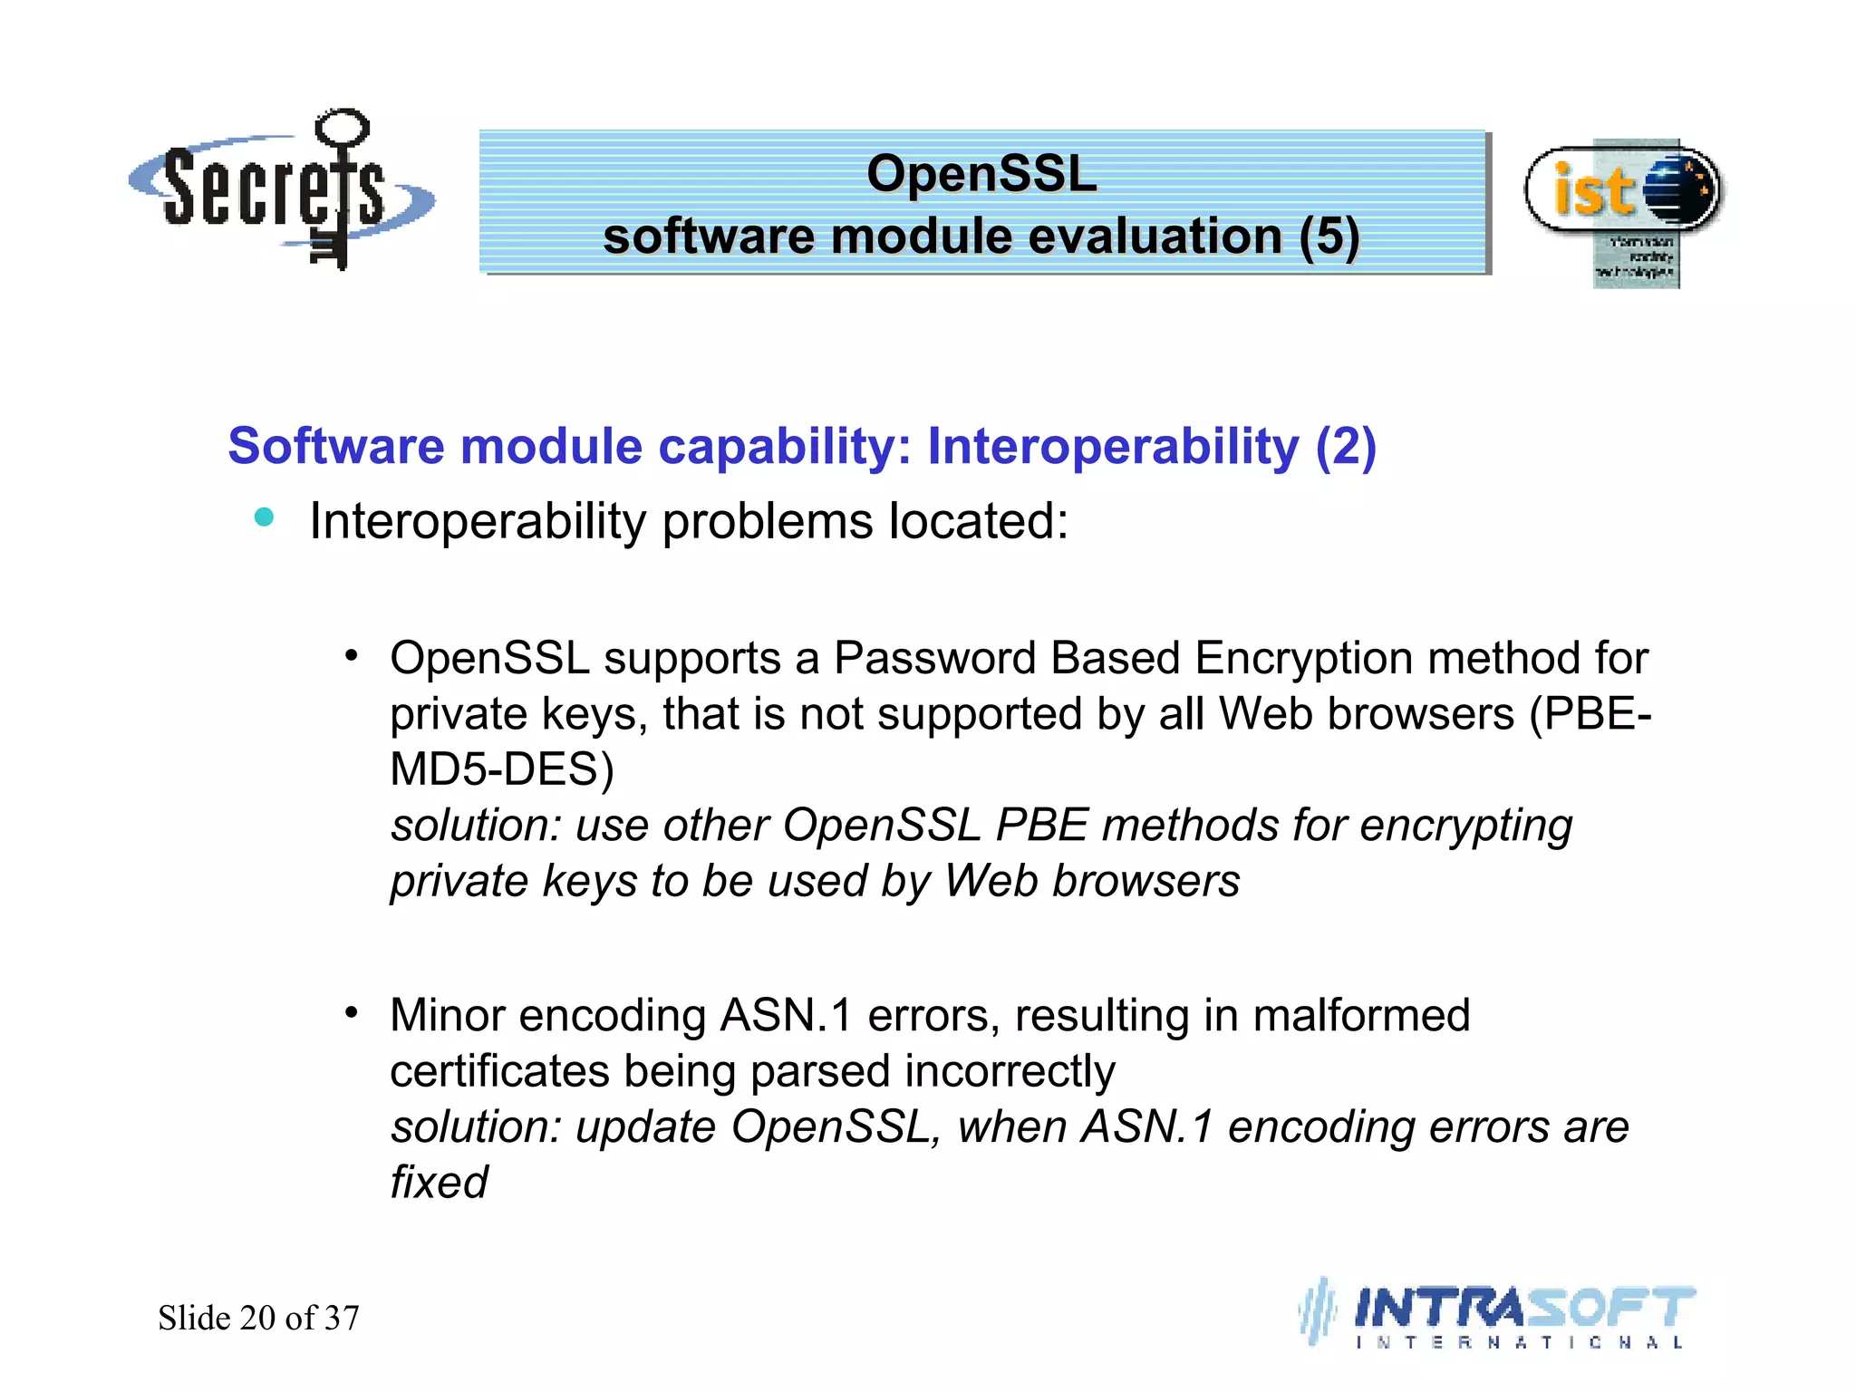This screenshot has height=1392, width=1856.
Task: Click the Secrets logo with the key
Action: click(x=281, y=190)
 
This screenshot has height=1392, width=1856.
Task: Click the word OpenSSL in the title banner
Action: click(x=981, y=173)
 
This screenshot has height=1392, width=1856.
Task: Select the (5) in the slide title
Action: click(x=1329, y=237)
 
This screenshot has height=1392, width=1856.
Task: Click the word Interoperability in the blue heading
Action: click(x=1113, y=446)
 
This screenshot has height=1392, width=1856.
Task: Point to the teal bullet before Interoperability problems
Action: click(x=264, y=517)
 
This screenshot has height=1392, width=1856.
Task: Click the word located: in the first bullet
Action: click(x=979, y=522)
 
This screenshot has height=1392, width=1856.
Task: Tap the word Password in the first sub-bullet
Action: click(x=934, y=658)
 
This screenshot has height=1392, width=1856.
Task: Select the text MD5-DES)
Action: click(x=502, y=769)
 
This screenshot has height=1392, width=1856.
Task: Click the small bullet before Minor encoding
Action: click(x=352, y=1011)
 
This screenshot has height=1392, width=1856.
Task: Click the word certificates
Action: click(x=498, y=1071)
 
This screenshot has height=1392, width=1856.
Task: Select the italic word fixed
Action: click(x=439, y=1183)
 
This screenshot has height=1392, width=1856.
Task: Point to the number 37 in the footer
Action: click(x=342, y=1318)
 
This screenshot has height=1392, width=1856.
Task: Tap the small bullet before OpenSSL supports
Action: click(x=352, y=655)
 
